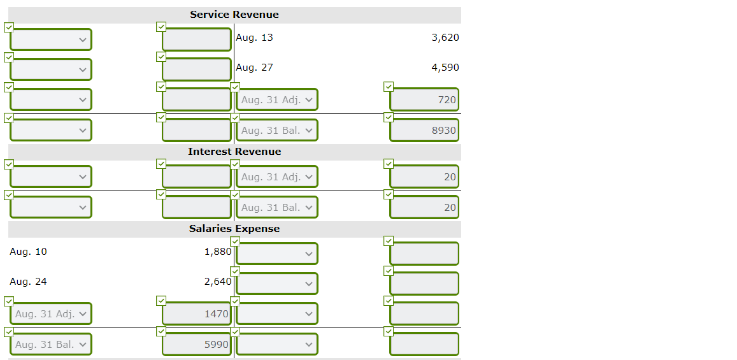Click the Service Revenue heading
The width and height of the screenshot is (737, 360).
234,15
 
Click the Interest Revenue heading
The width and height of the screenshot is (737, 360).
234,152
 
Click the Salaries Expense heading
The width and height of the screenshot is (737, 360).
234,229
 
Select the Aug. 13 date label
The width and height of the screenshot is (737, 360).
254,38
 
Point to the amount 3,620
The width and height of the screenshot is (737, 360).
445,38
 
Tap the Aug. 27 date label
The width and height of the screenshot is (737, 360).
254,68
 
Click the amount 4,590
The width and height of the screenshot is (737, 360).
445,68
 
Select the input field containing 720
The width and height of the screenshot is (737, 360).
424,100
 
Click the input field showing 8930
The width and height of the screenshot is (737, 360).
424,131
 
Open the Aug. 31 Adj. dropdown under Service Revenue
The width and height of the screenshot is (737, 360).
277,100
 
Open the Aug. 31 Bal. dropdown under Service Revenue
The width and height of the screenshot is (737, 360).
277,131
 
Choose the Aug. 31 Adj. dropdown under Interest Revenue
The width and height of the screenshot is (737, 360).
277,177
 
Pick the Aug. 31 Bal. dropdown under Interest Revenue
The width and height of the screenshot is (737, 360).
277,208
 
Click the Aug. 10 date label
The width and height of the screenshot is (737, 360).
28,252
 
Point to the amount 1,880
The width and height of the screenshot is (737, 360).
217,252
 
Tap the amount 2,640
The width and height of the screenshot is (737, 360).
217,282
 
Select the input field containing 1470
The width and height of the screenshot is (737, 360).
196,314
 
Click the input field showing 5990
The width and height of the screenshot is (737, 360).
196,345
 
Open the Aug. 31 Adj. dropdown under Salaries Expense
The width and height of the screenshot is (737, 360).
51,314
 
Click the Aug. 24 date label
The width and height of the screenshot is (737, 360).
28,282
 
